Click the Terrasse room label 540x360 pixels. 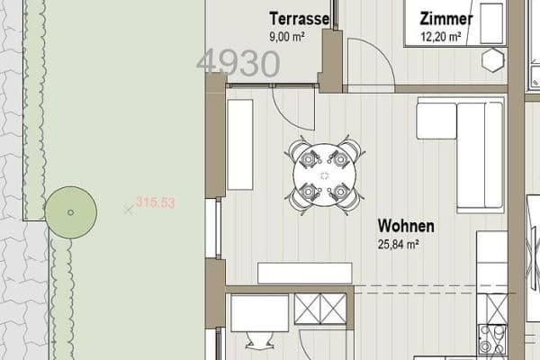tap(299, 18)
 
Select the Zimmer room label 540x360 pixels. tap(446, 19)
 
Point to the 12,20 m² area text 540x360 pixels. tap(442, 38)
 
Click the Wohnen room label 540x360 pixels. tap(406, 226)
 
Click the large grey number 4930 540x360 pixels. tap(238, 64)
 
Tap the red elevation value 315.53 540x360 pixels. tap(155, 203)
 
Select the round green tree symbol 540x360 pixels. tap(70, 212)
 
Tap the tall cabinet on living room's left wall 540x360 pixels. tap(239, 144)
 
